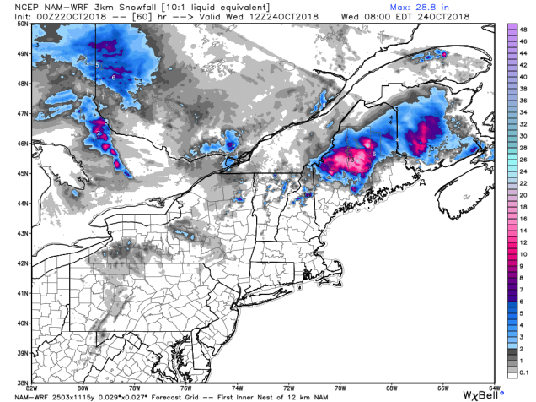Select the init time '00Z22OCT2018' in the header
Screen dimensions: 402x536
(x=53, y=16)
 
